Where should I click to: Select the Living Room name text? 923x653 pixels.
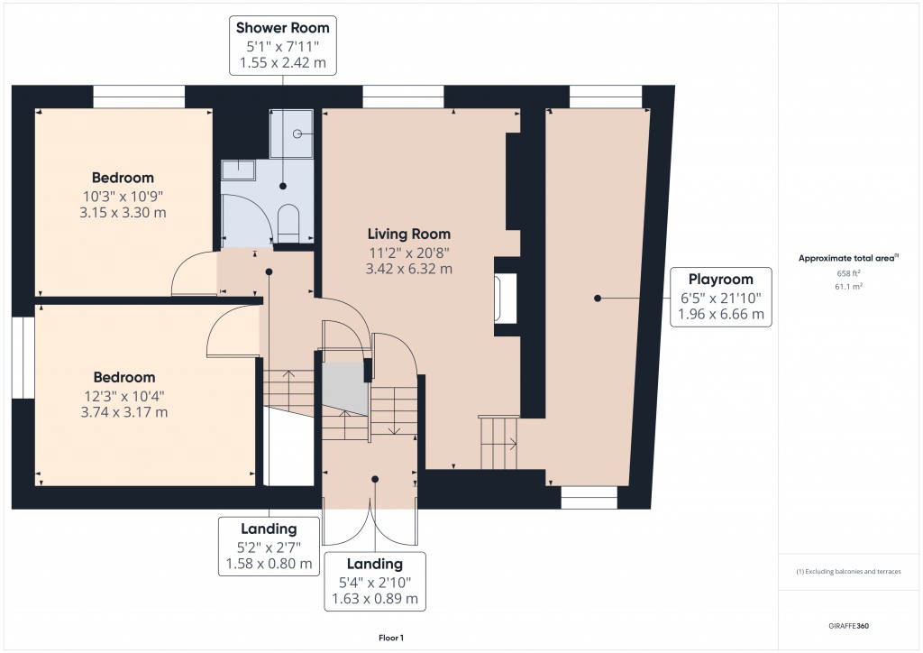pos(409,234)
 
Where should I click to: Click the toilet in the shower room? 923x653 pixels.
pos(288,222)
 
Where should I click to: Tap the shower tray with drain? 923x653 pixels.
pos(291,133)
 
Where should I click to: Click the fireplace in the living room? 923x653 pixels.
pos(504,299)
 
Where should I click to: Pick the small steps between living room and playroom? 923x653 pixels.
pos(498,443)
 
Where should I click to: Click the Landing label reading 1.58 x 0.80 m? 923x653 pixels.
pos(268,547)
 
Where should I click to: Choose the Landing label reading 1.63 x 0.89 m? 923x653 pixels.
pos(374,581)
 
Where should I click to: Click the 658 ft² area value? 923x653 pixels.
pos(850,274)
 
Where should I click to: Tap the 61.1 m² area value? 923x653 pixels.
pos(850,287)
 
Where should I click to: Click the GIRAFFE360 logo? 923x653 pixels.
pos(850,625)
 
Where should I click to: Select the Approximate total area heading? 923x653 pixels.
pos(849,258)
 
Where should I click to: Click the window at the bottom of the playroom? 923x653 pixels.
pos(589,497)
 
